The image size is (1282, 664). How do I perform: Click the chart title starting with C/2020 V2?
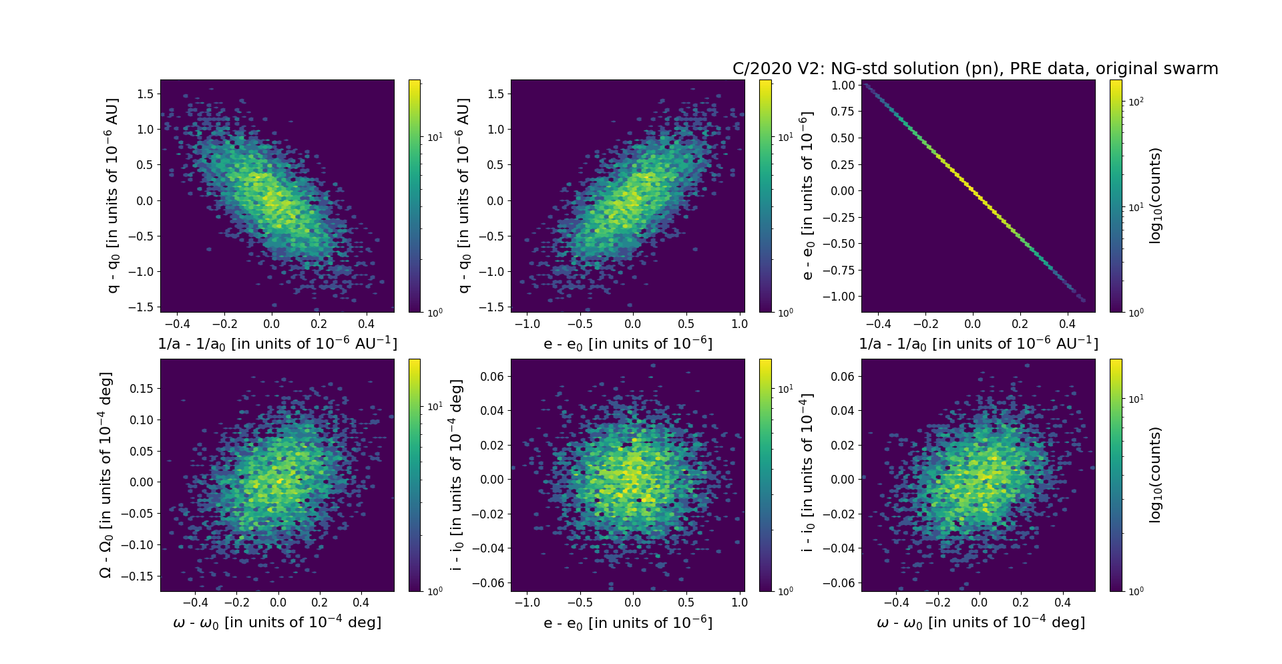coord(975,69)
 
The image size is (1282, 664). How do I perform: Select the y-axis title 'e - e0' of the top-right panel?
coord(807,196)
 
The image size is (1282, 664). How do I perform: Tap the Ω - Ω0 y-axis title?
coord(105,475)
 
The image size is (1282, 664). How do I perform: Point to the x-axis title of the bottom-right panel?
coord(980,623)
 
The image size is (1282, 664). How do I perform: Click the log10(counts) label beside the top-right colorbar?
coord(1155,196)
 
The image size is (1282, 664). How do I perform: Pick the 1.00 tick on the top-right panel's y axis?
coord(843,85)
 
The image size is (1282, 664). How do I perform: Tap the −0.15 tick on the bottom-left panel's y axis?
coord(136,576)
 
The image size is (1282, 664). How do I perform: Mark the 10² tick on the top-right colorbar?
coord(1136,102)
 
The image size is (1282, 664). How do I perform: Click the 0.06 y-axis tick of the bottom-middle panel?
coord(491,376)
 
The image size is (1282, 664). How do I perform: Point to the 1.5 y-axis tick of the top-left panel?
coord(145,94)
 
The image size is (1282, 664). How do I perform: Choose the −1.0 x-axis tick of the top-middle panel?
coord(527,324)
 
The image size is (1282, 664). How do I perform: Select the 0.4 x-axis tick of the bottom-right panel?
coord(1062,603)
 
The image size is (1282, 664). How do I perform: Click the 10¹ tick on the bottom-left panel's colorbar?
coord(435,406)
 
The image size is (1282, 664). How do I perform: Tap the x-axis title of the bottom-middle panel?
coord(628,623)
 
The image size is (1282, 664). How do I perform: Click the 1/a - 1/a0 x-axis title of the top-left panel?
coord(277,344)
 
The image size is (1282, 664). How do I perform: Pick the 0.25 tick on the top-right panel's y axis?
coord(843,164)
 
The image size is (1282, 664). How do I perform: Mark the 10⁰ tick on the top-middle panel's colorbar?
coord(785,312)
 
